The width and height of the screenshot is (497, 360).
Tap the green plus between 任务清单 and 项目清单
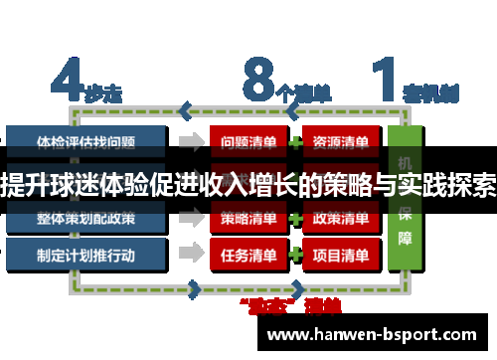[294, 255]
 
